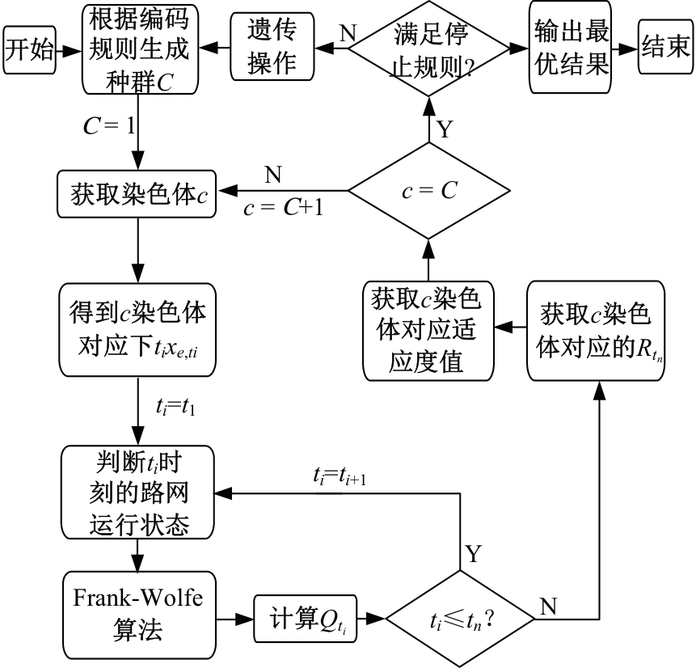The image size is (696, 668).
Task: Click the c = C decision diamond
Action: tap(428, 191)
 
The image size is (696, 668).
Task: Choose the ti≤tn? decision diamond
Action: tap(459, 620)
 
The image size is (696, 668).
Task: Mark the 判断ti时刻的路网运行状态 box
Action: tap(137, 493)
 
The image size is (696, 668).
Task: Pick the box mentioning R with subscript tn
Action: tap(594, 330)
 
